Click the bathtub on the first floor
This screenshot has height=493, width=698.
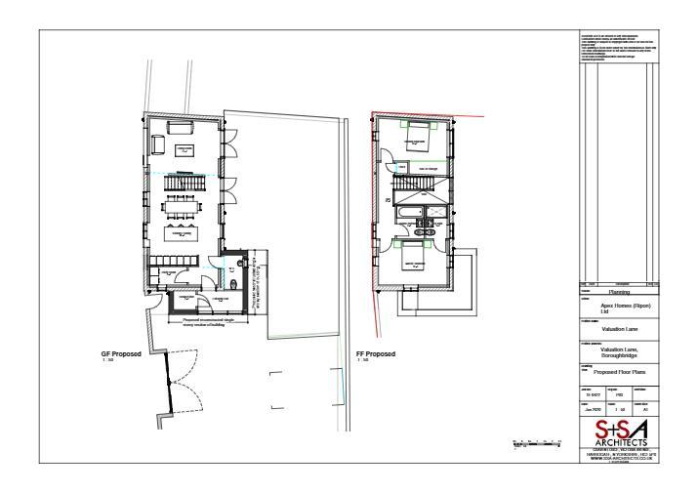pyautogui.click(x=405, y=214)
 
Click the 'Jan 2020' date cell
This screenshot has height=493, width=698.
pyautogui.click(x=590, y=411)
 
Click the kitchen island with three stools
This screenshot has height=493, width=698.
pyautogui.click(x=182, y=232)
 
